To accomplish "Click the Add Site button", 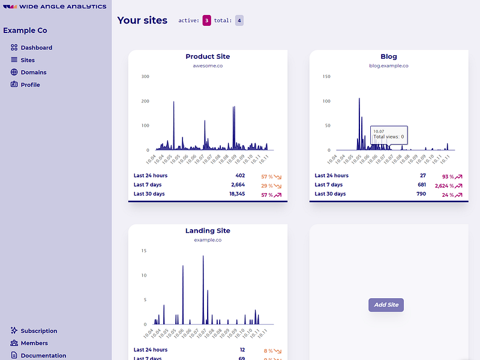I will [x=386, y=305].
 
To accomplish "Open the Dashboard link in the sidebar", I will [x=36, y=47].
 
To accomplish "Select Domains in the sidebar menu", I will [x=33, y=72].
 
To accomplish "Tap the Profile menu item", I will [x=30, y=85].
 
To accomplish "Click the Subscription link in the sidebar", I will [x=38, y=331].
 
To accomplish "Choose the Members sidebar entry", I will [x=34, y=343].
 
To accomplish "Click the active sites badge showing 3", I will [x=207, y=20].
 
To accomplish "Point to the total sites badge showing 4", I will [x=239, y=20].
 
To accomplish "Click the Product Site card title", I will [x=208, y=56].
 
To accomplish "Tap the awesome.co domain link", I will [x=208, y=65].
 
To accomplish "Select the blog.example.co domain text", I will [x=389, y=65].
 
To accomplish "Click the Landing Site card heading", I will [x=208, y=230].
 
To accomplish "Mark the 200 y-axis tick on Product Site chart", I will [x=145, y=101].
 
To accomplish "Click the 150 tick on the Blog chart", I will [x=326, y=76].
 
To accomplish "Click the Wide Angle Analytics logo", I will [x=55, y=7].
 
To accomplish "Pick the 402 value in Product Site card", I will [x=239, y=176].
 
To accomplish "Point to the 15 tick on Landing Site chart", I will [x=144, y=251].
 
